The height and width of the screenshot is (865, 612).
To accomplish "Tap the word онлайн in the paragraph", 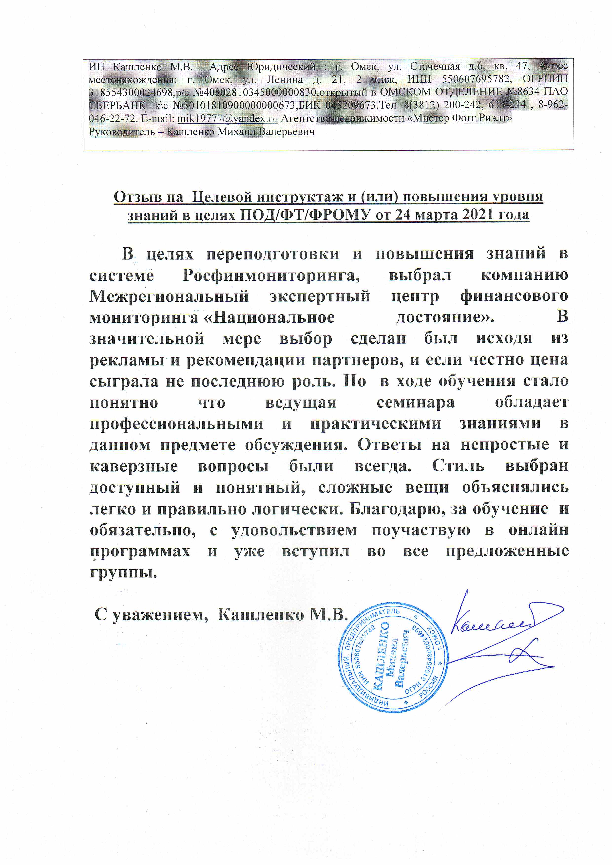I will (x=538, y=531).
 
